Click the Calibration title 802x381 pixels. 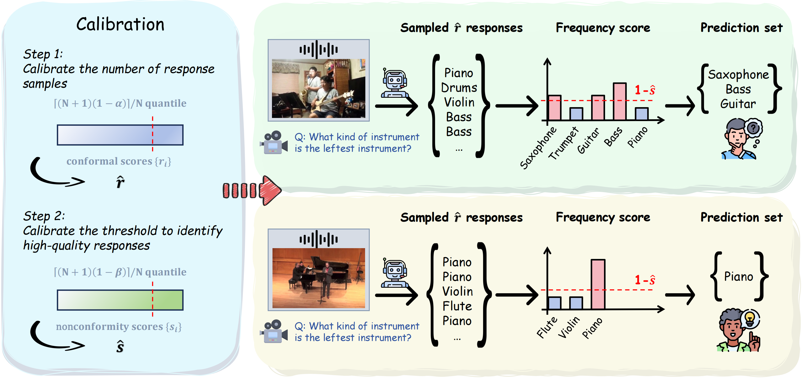[x=120, y=25]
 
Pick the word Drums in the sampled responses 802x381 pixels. [x=459, y=88]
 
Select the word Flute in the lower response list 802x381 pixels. [x=457, y=306]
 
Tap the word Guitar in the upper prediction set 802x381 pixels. [x=738, y=104]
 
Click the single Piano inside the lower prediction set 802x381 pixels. [x=738, y=276]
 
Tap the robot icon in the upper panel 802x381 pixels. [x=394, y=83]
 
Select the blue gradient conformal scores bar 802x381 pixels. [x=120, y=135]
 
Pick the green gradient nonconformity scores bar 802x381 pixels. [x=120, y=300]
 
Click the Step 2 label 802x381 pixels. [x=44, y=216]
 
